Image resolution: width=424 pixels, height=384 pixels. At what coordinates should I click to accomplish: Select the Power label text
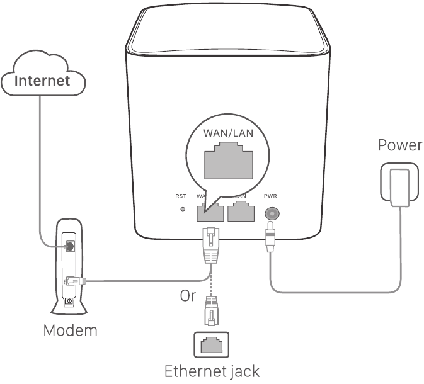399,145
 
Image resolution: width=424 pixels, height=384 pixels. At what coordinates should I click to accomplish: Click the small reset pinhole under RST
183,209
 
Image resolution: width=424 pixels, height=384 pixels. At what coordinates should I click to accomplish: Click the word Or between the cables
188,295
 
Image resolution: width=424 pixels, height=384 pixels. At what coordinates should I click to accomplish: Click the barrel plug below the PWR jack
271,239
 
